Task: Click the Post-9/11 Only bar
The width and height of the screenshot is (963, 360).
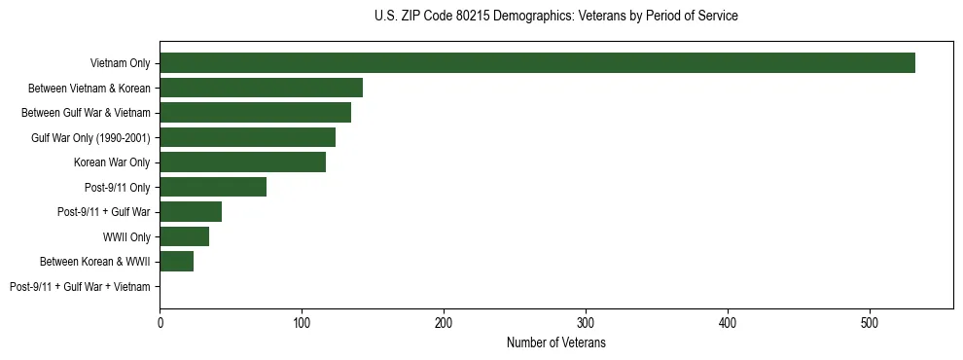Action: [x=213, y=187]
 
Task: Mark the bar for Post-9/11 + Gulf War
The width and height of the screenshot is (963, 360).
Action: [x=191, y=212]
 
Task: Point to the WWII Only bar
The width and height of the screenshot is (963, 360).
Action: [x=184, y=236]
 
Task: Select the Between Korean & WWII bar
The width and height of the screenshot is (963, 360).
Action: [x=176, y=262]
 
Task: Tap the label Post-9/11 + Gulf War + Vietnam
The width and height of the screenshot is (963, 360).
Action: [x=80, y=287]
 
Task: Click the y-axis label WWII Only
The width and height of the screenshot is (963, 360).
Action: [x=126, y=236]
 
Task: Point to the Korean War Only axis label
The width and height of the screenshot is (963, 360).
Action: [x=112, y=162]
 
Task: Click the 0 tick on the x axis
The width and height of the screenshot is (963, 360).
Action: [x=160, y=321]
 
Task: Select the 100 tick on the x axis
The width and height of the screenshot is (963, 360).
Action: [x=302, y=321]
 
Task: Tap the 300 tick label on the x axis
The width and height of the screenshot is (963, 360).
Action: [x=586, y=321]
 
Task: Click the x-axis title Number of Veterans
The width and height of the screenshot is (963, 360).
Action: [x=555, y=343]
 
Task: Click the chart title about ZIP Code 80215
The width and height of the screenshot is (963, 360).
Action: [x=555, y=17]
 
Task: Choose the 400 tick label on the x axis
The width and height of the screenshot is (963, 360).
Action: [x=728, y=321]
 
